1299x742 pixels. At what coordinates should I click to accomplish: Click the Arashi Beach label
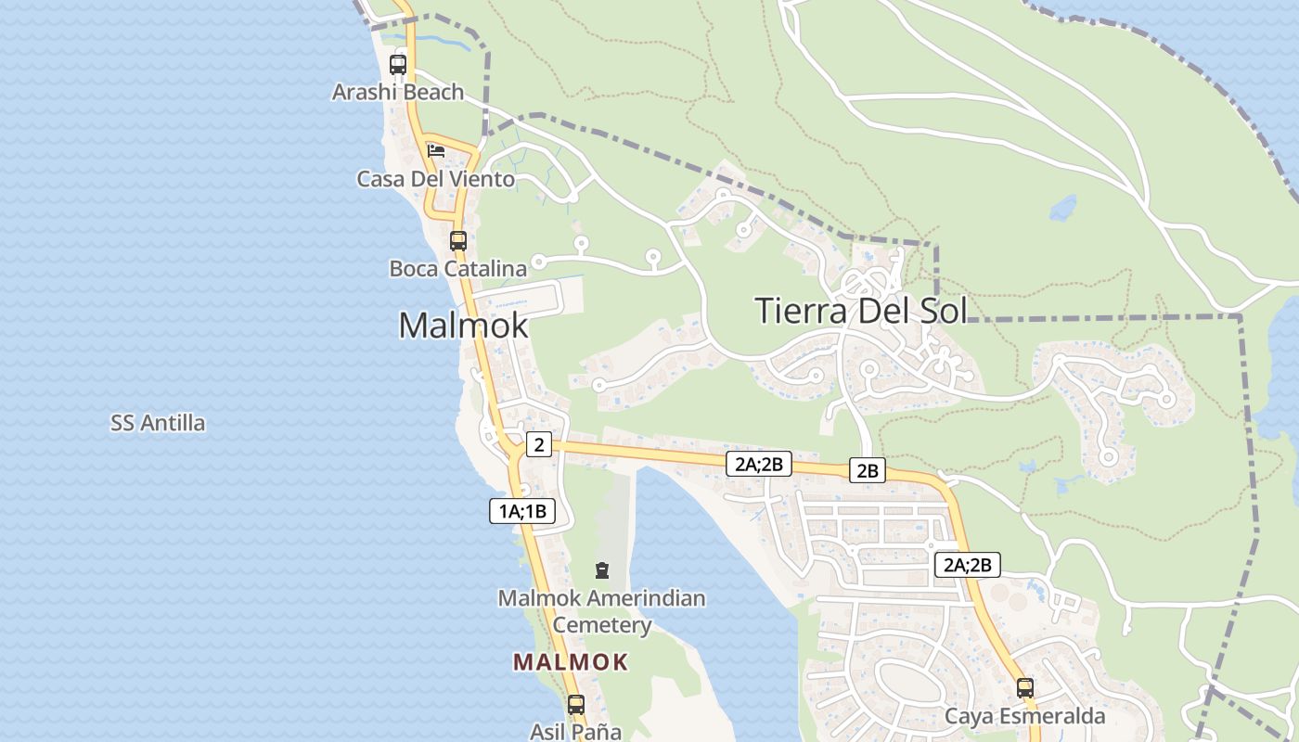pos(398,92)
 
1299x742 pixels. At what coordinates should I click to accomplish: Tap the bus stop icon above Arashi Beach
pos(398,65)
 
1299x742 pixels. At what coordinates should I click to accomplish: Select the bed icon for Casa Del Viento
pos(435,150)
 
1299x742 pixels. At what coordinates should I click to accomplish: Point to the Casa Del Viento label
pos(435,179)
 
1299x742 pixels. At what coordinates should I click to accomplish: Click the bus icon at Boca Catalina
pos(458,241)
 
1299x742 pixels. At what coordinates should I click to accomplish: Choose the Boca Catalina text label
pos(457,269)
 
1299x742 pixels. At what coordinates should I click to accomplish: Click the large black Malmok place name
pos(463,326)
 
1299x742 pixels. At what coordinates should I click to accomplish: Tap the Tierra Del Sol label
pos(860,310)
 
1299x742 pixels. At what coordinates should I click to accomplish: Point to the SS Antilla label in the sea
pos(158,424)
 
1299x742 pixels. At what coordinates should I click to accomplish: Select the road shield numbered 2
pos(538,445)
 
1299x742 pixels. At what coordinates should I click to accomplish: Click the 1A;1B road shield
pos(522,511)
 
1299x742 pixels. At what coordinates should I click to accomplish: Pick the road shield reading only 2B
pos(868,471)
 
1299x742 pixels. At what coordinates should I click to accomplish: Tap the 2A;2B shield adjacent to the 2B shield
pos(758,465)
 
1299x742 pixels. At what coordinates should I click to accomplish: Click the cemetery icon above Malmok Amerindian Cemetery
pos(601,569)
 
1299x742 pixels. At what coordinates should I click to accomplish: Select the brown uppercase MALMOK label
pos(571,662)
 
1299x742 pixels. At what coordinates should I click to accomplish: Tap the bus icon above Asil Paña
pos(575,705)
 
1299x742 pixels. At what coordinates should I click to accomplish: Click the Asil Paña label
pos(575,731)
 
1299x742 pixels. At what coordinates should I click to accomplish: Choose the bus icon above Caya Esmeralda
pos(1025,688)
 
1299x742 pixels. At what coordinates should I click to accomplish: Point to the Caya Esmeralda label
pos(1024,717)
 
